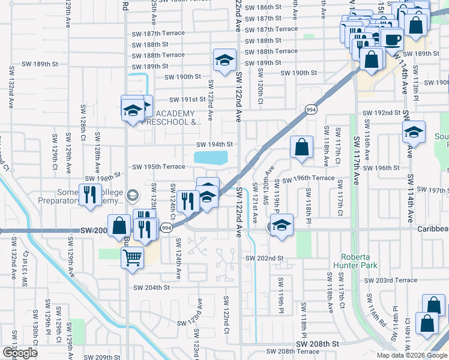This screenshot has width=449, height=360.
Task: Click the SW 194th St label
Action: click(215, 145)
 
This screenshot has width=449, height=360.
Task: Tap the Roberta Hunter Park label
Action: click(358, 260)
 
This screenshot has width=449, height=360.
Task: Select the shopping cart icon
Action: click(132, 258)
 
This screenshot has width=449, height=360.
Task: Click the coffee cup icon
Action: click(392, 40)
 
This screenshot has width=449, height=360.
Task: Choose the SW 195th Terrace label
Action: click(158, 167)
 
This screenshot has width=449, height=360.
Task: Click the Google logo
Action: click(20, 353)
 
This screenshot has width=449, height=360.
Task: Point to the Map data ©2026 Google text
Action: click(412, 355)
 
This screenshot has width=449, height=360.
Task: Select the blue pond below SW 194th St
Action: click(211, 158)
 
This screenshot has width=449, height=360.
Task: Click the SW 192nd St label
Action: click(381, 113)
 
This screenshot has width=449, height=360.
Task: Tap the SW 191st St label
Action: click(187, 100)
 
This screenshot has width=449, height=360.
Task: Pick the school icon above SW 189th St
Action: click(224, 60)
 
